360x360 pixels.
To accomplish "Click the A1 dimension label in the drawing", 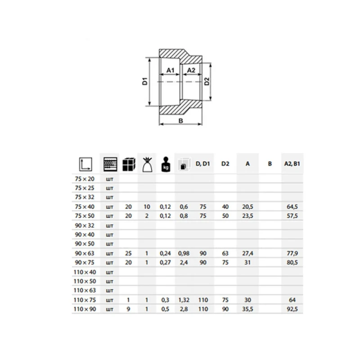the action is (x=171, y=70).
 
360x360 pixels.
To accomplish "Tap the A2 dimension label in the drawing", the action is (x=191, y=70).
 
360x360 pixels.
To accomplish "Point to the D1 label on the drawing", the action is (x=144, y=81).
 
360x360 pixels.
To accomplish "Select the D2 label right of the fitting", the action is (x=207, y=81).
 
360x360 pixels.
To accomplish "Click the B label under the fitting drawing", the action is (x=181, y=121).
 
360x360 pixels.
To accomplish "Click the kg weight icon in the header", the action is (x=166, y=164).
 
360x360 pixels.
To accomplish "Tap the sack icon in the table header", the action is (x=147, y=164).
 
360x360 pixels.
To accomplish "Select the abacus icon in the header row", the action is (x=110, y=164).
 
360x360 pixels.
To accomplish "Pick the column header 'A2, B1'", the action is (x=292, y=164).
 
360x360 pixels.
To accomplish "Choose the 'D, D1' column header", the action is (x=203, y=164).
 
